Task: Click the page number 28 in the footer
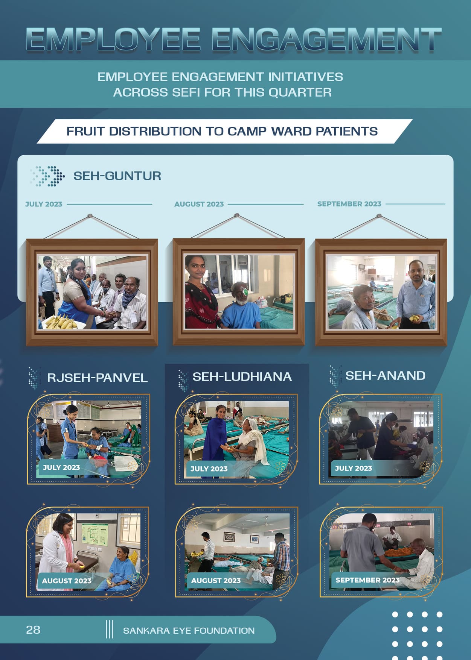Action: click(x=33, y=630)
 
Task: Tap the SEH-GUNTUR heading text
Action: click(x=117, y=176)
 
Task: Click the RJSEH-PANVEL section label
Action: click(x=97, y=378)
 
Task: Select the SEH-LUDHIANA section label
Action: click(x=242, y=376)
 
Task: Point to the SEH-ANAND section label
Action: click(x=386, y=375)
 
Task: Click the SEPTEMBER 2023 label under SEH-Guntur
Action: click(x=349, y=204)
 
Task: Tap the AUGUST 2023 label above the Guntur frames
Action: click(x=199, y=204)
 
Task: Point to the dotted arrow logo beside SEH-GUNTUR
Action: click(x=47, y=176)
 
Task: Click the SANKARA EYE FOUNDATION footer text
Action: click(x=189, y=631)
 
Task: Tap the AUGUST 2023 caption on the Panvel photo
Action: click(x=67, y=581)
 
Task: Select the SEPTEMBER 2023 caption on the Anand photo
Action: click(x=367, y=580)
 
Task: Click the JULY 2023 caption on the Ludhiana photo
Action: click(x=209, y=469)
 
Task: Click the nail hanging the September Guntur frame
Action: click(x=379, y=216)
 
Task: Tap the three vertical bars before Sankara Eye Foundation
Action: click(x=110, y=629)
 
